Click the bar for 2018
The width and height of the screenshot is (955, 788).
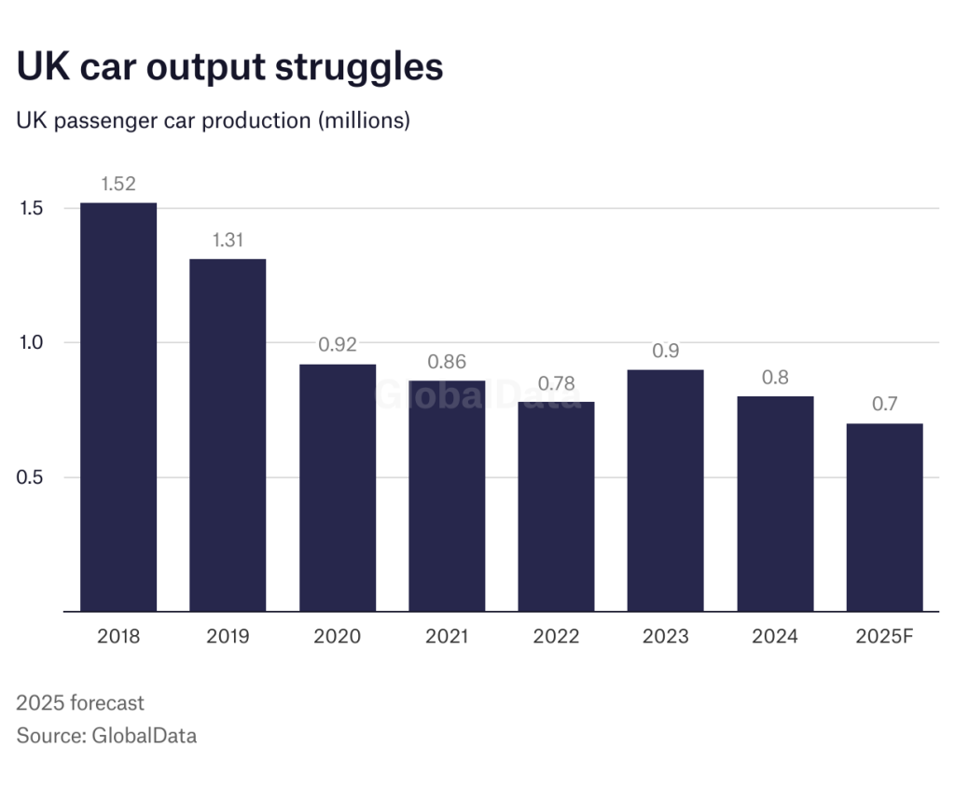[x=118, y=407]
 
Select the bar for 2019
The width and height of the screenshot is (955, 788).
[x=228, y=435]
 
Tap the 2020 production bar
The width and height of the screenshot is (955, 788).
[x=337, y=488]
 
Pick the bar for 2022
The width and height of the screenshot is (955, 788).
[x=556, y=506]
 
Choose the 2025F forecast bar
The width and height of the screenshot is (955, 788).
[x=884, y=518]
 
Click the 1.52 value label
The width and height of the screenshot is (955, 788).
[x=118, y=184]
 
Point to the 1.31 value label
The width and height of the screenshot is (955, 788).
[x=228, y=240]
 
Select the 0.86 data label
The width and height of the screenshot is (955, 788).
[x=447, y=362]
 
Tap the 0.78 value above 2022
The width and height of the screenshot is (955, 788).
[x=556, y=383]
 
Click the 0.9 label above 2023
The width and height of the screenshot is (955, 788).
[x=666, y=352]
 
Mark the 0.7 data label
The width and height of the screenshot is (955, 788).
[x=884, y=406]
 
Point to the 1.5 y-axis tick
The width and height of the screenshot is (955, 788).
[x=33, y=208]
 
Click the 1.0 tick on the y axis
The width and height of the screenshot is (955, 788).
[x=33, y=342]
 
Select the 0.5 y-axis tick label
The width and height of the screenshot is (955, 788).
[x=33, y=477]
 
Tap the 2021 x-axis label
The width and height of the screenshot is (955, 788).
[x=447, y=637]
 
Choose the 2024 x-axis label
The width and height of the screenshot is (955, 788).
[x=775, y=637]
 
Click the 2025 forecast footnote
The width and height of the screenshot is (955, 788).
[x=80, y=702]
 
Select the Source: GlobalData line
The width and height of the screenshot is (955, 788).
[x=106, y=735]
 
